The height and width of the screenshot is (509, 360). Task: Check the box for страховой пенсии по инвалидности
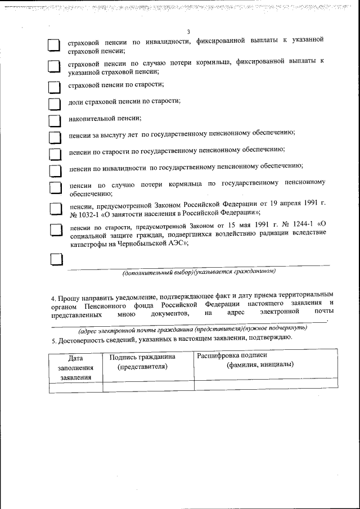pos(53,46)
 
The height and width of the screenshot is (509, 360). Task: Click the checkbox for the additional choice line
pos(57,259)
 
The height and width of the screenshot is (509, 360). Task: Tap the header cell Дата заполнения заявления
pos(75,367)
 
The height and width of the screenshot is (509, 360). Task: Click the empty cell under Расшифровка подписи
pos(265,386)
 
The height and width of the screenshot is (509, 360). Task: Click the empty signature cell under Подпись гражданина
pos(148,386)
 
